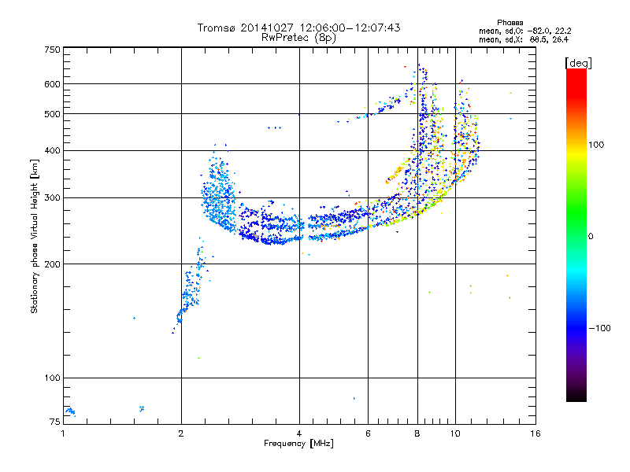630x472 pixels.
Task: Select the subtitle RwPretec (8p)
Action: click(x=298, y=37)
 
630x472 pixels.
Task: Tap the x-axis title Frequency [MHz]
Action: click(x=298, y=444)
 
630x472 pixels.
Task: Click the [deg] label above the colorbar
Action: click(x=576, y=61)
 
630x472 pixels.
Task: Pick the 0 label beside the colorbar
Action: click(x=593, y=236)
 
